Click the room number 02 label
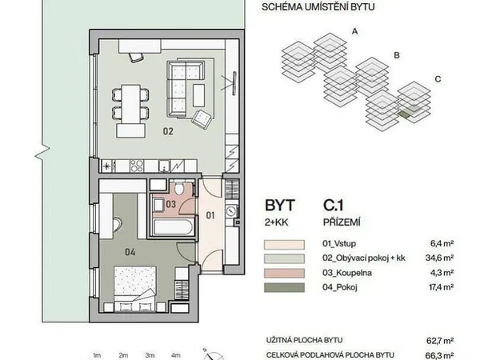tap(168, 131)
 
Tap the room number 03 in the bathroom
tap(171, 204)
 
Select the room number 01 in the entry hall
tap(210, 215)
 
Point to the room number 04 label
tap(130, 252)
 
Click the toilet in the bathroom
tap(179, 188)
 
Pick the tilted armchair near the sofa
tap(202, 119)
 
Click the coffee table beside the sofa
tap(198, 95)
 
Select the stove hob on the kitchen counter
tap(137, 166)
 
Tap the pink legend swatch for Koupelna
tap(284, 273)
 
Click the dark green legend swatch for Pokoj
tap(284, 287)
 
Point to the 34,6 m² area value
tap(439, 258)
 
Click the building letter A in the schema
tap(354, 31)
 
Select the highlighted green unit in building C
tap(405, 114)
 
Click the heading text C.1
tap(333, 205)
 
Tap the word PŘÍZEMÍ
tap(342, 222)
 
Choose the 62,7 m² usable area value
tap(440, 341)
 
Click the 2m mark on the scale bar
tap(123, 355)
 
